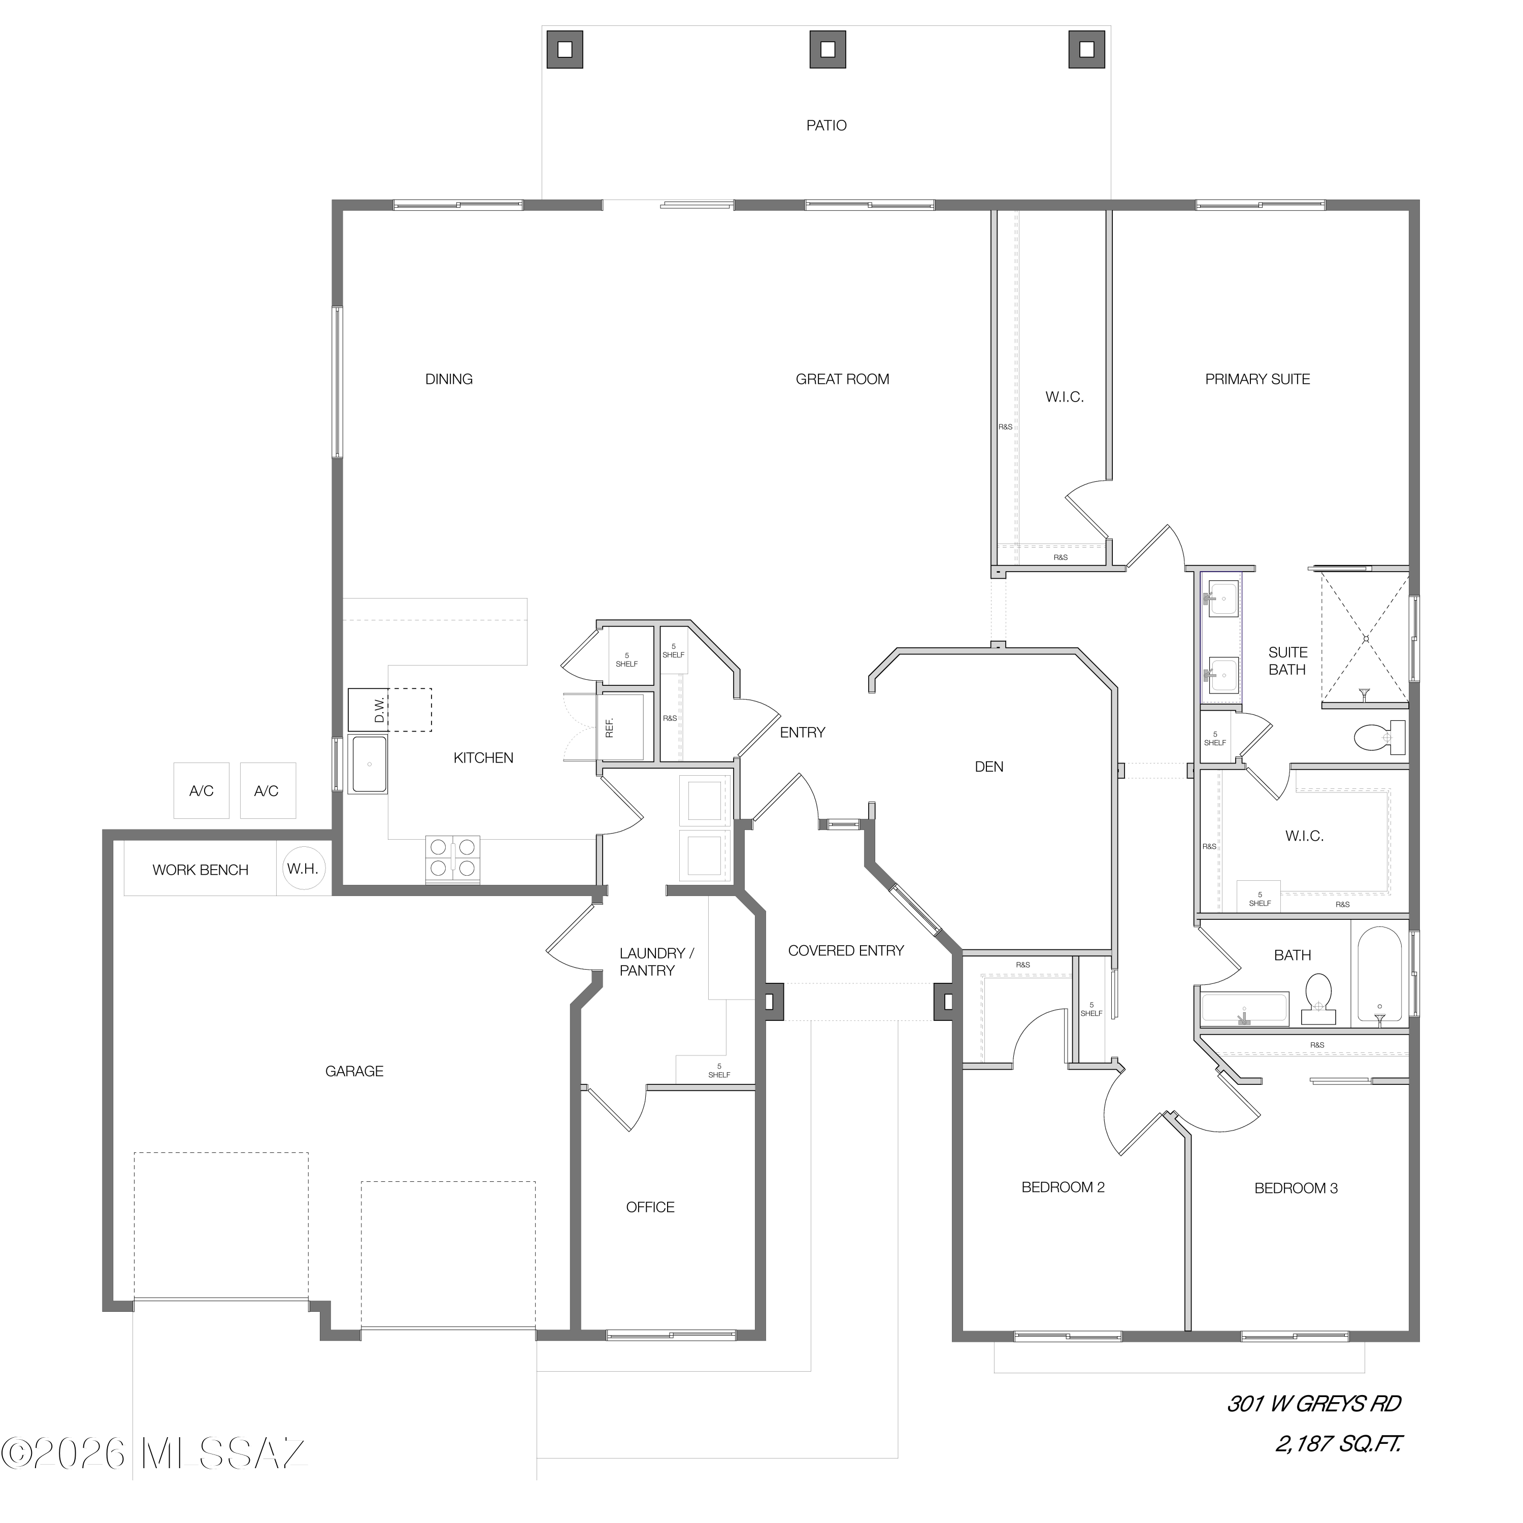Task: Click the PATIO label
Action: [826, 125]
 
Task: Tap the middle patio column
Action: [827, 49]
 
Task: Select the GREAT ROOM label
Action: [842, 379]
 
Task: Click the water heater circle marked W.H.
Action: [303, 869]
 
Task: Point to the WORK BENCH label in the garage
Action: [200, 870]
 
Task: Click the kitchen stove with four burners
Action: [452, 858]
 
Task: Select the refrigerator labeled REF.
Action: [622, 727]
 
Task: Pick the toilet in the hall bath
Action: [1318, 999]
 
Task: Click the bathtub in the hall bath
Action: [1379, 976]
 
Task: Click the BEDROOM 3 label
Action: [1296, 1188]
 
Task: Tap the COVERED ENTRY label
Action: [846, 951]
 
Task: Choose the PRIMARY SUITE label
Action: [1257, 379]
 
